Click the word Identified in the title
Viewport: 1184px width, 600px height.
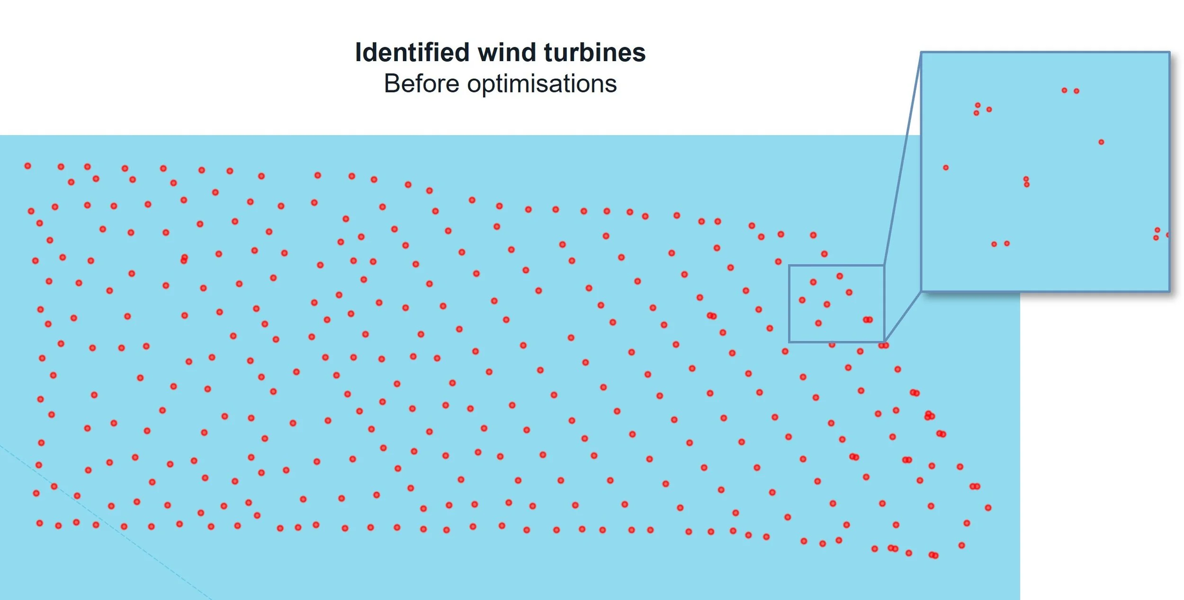[412, 52]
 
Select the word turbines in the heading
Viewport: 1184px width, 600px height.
[594, 52]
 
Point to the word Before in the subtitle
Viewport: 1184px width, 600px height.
[421, 84]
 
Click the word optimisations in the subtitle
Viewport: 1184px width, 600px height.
[542, 84]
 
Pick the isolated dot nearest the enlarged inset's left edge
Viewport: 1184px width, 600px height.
[945, 168]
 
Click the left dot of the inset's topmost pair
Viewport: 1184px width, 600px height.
[1064, 91]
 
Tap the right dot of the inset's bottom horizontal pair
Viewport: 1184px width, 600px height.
[1007, 244]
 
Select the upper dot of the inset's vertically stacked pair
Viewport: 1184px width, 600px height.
[1026, 179]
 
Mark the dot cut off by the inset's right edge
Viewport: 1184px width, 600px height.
[1168, 235]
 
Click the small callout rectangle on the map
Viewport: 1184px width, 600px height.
[836, 266]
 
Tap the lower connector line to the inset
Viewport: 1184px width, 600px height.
[903, 316]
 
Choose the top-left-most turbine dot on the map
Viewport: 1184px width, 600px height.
[28, 166]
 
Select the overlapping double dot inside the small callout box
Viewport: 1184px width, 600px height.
[867, 320]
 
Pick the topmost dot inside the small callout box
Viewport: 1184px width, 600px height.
[840, 276]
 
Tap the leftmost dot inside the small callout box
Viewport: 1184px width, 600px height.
[802, 300]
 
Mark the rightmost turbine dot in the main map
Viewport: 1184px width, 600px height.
[988, 508]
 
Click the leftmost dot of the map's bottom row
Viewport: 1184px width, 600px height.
[40, 523]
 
